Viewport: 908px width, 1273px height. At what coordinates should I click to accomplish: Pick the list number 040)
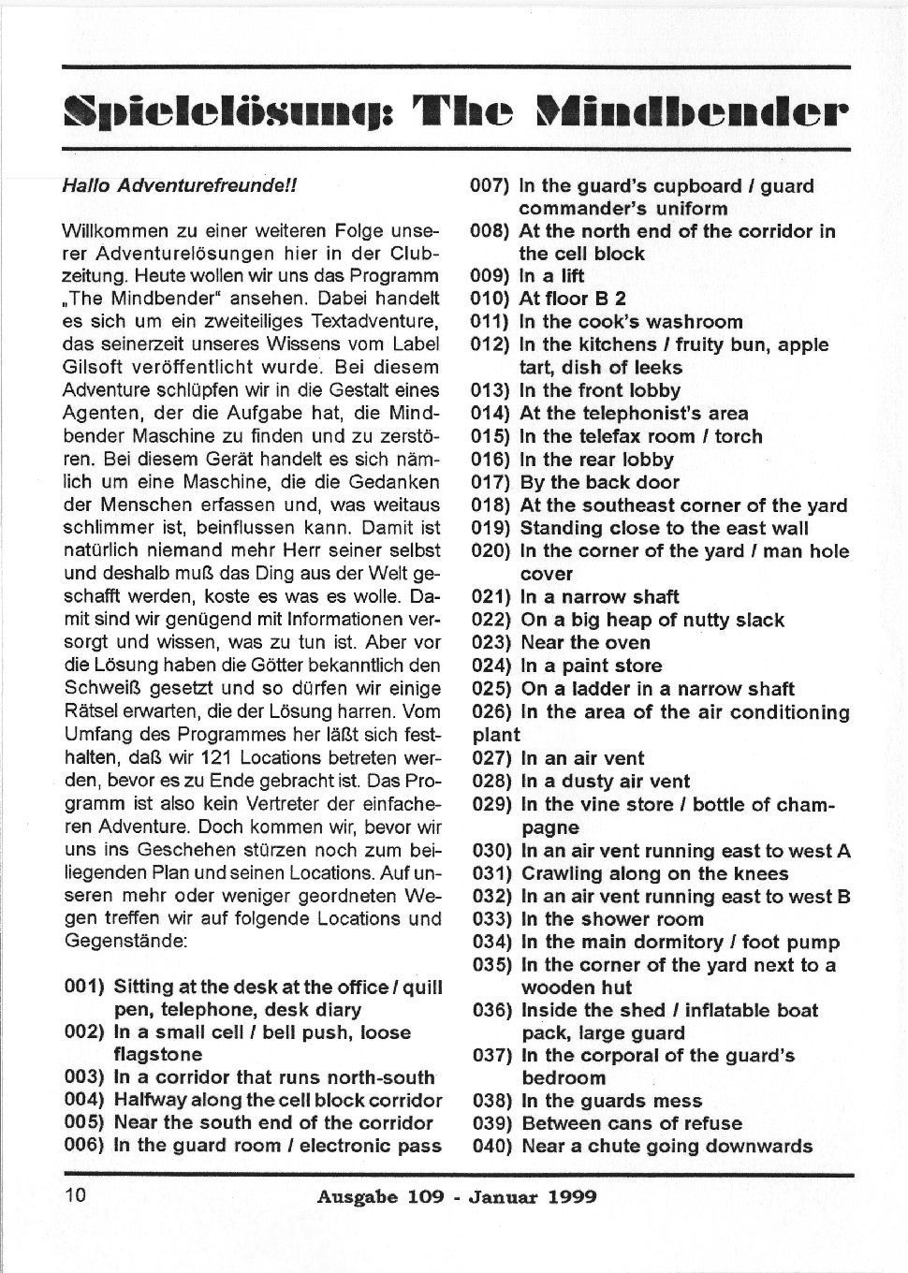pos(491,1146)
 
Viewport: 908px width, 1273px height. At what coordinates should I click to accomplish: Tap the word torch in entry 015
pos(739,436)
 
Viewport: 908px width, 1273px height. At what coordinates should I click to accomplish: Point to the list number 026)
pos(491,712)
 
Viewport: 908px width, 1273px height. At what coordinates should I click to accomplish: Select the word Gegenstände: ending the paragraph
pos(125,940)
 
